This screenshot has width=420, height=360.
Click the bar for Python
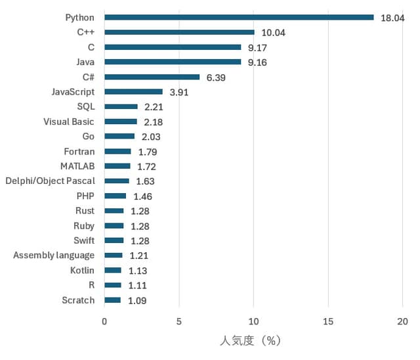pyautogui.click(x=239, y=17)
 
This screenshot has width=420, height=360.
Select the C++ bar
pyautogui.click(x=179, y=32)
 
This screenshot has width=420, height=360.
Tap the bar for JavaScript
pyautogui.click(x=133, y=92)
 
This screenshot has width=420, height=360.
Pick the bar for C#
pyautogui.click(x=152, y=77)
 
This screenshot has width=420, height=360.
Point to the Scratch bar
pyautogui.click(x=112, y=300)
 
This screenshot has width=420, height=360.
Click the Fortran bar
pyautogui.click(x=117, y=152)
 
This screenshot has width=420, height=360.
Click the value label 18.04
pyautogui.click(x=392, y=18)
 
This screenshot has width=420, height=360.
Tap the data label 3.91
pyautogui.click(x=178, y=93)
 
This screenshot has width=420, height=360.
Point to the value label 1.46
pyautogui.click(x=143, y=196)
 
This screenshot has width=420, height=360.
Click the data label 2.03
pyautogui.click(x=150, y=137)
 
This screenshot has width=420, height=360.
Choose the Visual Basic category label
pyautogui.click(x=69, y=122)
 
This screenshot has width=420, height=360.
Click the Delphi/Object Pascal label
pyautogui.click(x=50, y=181)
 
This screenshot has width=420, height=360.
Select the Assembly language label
pyautogui.click(x=54, y=256)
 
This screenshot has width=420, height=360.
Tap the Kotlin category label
pyautogui.click(x=82, y=271)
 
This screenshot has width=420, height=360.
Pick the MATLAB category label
pyautogui.click(x=77, y=166)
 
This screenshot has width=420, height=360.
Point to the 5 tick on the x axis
pyautogui.click(x=178, y=322)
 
